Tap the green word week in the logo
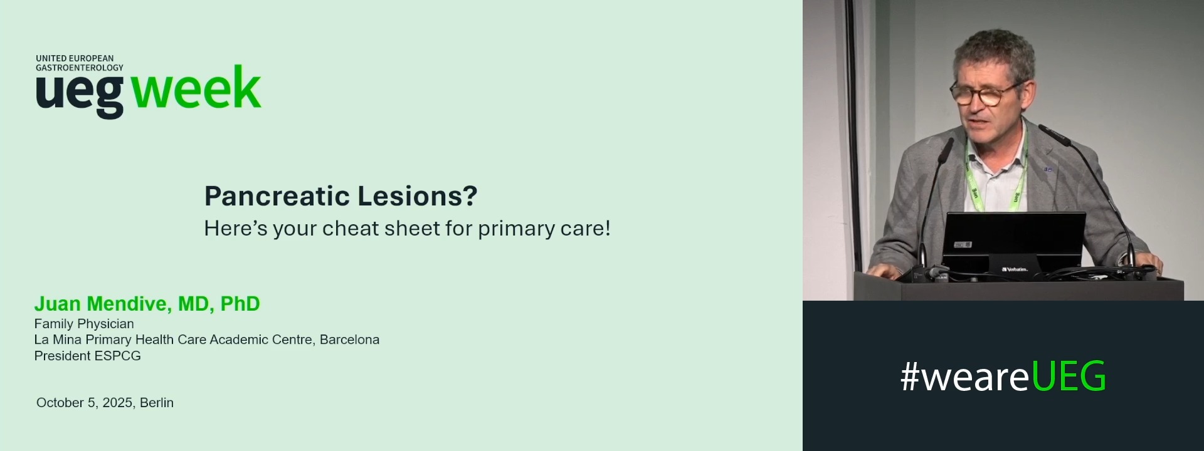196,89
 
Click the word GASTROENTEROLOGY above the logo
80,68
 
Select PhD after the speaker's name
240,304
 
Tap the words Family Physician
84,324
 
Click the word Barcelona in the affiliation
349,340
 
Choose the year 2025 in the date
117,403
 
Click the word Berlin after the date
157,403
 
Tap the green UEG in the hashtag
1069,377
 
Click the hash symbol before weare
910,377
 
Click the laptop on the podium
1014,238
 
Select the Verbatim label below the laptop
1015,269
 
